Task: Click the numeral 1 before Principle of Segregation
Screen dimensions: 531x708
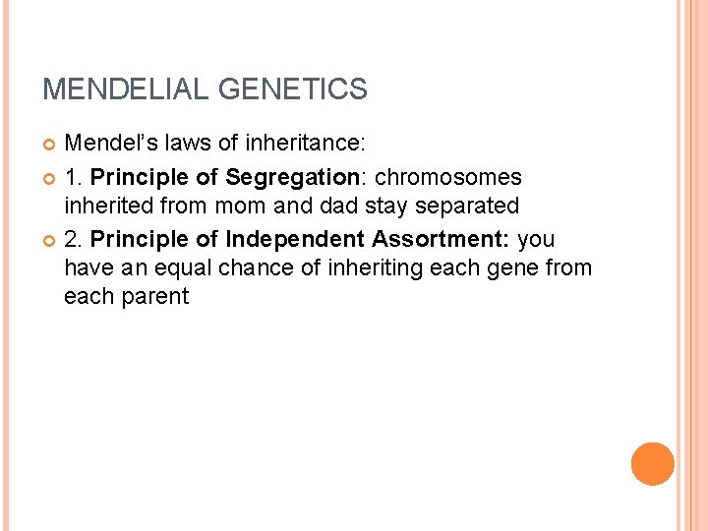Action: (70, 178)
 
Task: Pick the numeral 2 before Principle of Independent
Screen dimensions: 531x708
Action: (70, 239)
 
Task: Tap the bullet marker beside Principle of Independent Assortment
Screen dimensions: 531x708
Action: (50, 240)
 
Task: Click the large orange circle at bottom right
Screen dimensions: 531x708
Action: (652, 463)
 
